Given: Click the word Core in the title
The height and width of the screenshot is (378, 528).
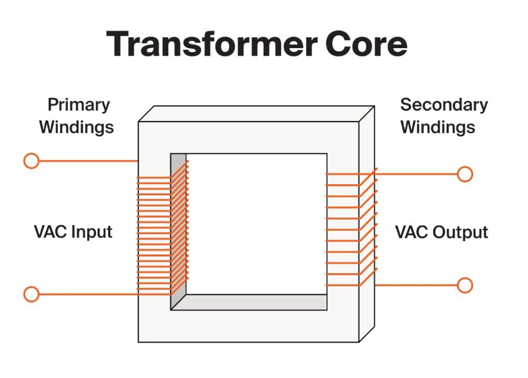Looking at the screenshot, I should pos(367,44).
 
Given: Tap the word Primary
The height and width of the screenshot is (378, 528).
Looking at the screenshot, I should pos(79,105).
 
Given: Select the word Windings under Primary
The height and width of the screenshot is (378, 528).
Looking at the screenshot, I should pos(76,127).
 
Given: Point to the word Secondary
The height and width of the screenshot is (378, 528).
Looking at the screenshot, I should pos(444,105).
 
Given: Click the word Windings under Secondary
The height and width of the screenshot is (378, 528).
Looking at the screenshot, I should pos(438,127).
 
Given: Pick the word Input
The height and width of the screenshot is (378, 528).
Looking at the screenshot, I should pos(91,232).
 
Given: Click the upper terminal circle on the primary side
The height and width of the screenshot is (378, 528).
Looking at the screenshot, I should pos(31,161).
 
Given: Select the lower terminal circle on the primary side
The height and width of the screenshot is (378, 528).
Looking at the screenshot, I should pos(31,294).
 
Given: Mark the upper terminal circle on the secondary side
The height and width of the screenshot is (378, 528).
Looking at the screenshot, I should pos(465,174).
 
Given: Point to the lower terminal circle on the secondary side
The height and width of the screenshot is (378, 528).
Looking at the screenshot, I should pos(465,285).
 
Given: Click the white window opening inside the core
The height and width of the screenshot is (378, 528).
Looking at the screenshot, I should pos(256,224).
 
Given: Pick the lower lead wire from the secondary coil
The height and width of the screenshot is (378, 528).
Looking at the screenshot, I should pos(416,285).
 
